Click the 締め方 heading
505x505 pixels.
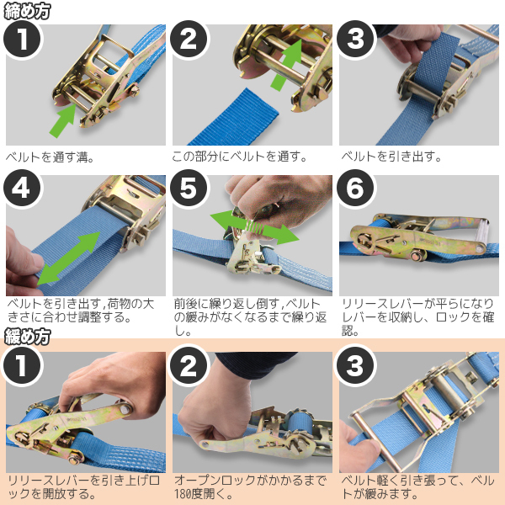[x=27, y=11]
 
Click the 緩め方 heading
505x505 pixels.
[x=27, y=337]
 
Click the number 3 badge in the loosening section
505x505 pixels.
[x=355, y=365]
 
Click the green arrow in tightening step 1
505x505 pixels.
[x=63, y=120]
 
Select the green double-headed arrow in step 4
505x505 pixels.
[x=69, y=258]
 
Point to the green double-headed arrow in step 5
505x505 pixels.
[x=254, y=227]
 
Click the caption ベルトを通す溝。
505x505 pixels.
[x=50, y=157]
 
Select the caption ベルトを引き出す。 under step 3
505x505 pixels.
[x=391, y=157]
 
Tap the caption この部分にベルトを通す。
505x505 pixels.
[x=239, y=157]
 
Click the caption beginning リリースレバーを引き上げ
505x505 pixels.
[x=83, y=486]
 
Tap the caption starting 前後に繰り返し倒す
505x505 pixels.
[x=250, y=317]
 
